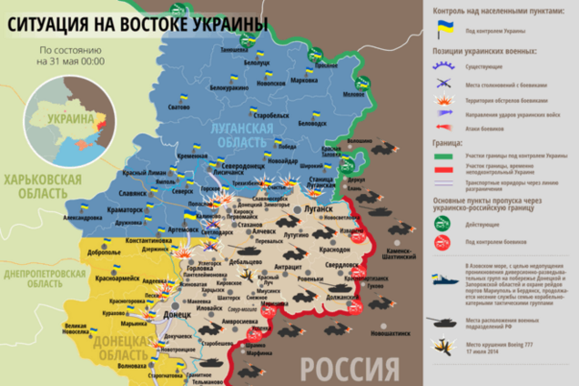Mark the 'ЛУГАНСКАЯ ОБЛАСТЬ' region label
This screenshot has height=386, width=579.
(231, 136)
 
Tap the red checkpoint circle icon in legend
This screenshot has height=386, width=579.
(445, 241)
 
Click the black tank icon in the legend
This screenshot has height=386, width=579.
(445, 321)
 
